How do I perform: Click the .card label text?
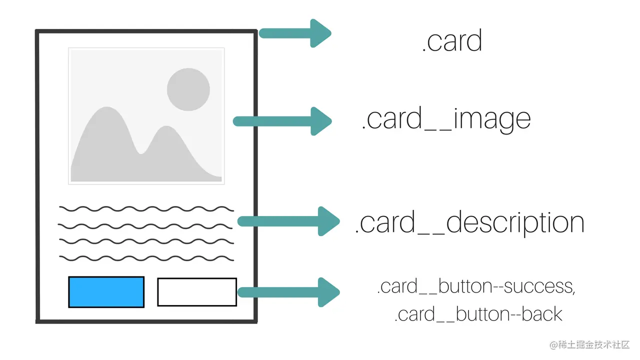tap(452, 41)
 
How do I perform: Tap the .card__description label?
tap(469, 223)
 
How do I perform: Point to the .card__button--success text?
tap(476, 286)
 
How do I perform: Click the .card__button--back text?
tap(478, 314)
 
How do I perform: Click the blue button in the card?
tap(106, 291)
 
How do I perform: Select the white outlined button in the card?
tap(197, 291)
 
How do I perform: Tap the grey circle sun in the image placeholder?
tap(188, 89)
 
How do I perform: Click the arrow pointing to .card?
tap(295, 33)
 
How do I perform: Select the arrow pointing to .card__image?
tap(282, 121)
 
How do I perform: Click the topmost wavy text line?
tap(146, 208)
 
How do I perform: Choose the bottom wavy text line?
tap(146, 258)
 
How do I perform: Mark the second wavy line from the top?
tap(146, 225)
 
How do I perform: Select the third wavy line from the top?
tap(146, 241)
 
